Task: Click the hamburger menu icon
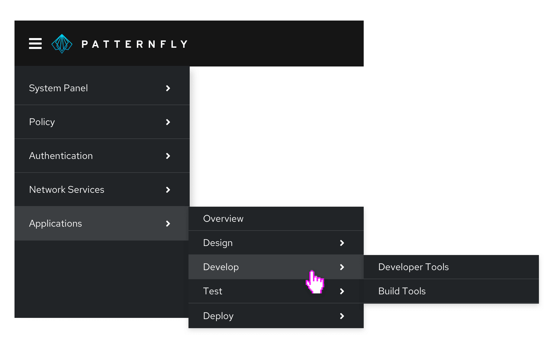[35, 44]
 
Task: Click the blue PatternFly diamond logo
[62, 44]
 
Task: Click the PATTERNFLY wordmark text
[135, 44]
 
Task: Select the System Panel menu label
[58, 88]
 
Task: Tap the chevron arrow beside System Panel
[168, 88]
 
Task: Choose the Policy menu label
[42, 122]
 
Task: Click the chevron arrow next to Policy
[168, 122]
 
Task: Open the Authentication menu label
[61, 156]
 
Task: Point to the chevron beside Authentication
[168, 156]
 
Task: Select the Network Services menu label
[67, 189]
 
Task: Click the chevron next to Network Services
[168, 190]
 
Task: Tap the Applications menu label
[56, 224]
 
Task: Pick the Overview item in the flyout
[223, 218]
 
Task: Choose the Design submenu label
[218, 243]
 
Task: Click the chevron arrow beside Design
[342, 243]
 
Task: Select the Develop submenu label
[221, 267]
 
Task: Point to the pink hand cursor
[315, 282]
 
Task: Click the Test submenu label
[213, 291]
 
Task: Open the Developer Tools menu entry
[414, 267]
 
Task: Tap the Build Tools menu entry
[402, 291]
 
